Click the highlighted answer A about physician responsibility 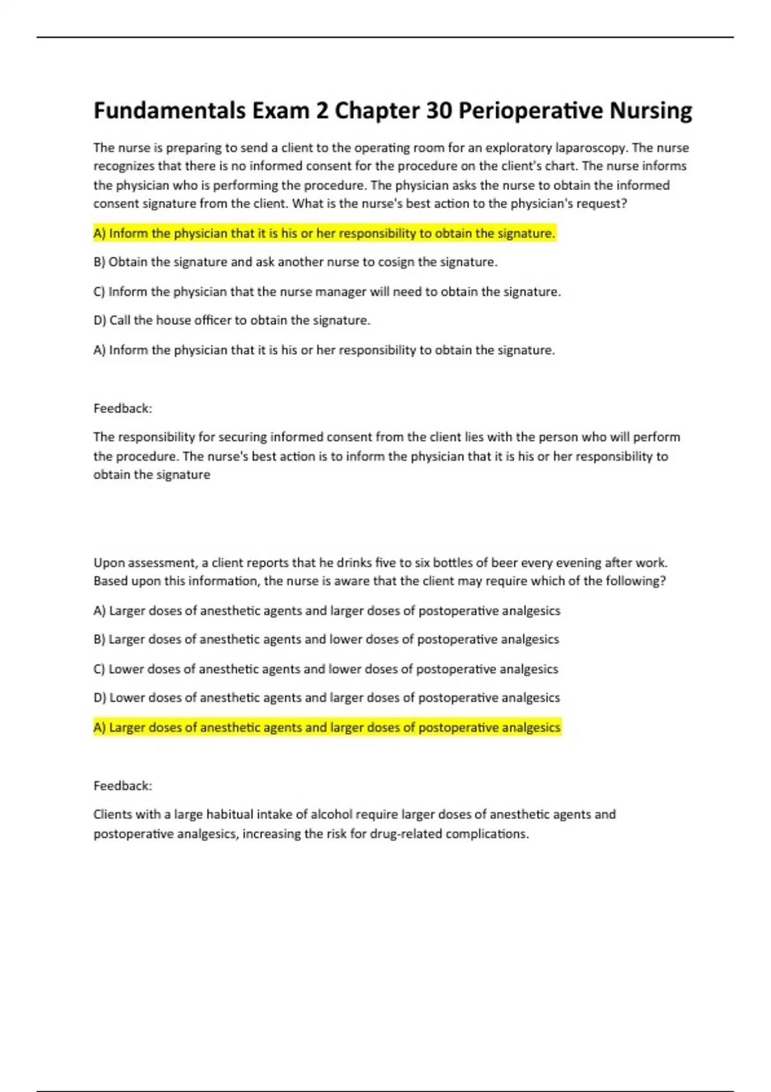point(324,233)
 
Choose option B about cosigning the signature point(296,262)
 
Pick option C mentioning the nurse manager point(327,292)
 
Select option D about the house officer point(232,321)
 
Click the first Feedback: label point(123,409)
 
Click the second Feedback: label point(123,786)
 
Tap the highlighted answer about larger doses point(327,727)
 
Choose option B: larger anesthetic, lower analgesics point(326,639)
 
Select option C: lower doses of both point(326,669)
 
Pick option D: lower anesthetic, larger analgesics point(326,698)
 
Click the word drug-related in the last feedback point(406,834)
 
